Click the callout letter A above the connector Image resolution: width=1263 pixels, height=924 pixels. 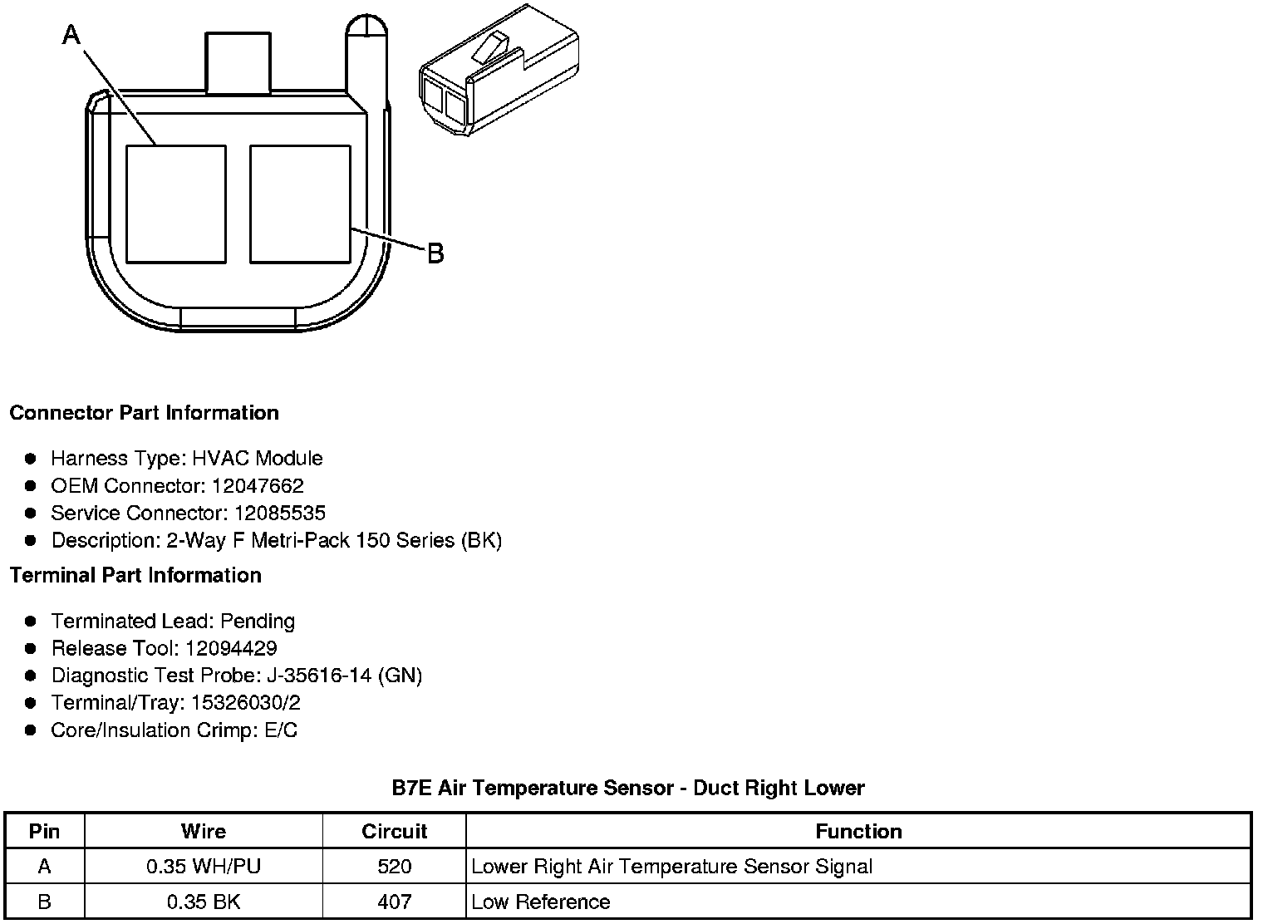[71, 34]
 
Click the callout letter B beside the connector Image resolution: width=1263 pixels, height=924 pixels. [435, 253]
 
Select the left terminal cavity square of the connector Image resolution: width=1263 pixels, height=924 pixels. [176, 204]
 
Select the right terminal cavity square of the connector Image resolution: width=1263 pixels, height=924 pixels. [300, 204]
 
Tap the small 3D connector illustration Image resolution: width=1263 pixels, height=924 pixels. [499, 71]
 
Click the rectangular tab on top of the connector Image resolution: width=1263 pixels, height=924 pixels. [238, 62]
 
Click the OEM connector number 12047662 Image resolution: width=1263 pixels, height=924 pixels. [258, 485]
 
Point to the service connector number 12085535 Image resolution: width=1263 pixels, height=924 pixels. [280, 513]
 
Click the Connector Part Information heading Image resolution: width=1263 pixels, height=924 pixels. [145, 413]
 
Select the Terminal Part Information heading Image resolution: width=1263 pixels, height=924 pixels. [136, 575]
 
